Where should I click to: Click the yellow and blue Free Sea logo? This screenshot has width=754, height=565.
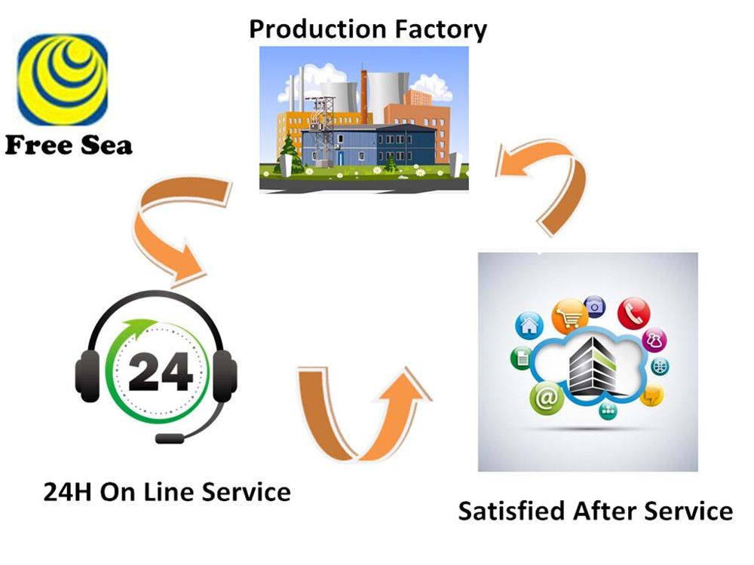(63, 79)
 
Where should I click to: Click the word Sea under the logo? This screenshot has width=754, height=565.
(106, 145)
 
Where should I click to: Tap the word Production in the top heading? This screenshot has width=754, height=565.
(311, 29)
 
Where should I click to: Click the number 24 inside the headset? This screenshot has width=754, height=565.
(160, 371)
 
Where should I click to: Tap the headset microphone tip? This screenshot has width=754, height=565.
(170, 438)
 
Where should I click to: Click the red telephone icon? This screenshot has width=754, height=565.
(634, 313)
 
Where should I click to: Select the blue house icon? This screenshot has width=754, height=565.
(529, 325)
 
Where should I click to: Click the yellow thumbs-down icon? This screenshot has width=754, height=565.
(651, 395)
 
